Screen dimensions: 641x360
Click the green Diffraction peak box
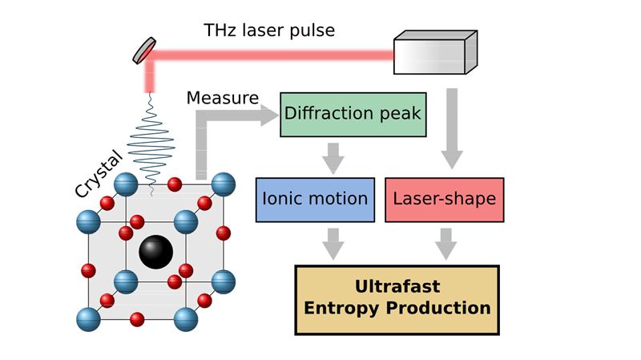pos(353,115)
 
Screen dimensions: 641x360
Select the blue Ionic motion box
pos(315,200)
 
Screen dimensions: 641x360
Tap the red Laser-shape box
pos(445,200)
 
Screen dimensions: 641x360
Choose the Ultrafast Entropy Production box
pos(397,300)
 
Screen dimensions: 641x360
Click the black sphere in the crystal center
pos(155,252)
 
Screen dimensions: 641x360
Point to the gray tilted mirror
pos(144,51)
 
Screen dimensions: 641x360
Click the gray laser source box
pos(435,52)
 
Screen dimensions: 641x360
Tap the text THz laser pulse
pos(269,30)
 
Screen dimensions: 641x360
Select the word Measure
pos(223,98)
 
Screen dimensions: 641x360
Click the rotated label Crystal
pos(99,174)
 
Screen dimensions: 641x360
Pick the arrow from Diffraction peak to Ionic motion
pos(333,158)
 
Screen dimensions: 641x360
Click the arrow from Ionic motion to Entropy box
pos(333,244)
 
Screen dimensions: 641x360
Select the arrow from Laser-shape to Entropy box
pos(446,244)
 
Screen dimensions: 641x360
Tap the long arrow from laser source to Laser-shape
pos(452,128)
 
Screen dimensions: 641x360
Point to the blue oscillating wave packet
pos(151,144)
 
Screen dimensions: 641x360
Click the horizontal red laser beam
pos(272,55)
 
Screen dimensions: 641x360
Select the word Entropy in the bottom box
pos(341,309)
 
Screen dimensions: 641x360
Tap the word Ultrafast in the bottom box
pos(397,286)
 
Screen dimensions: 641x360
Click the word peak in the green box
pos(400,114)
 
